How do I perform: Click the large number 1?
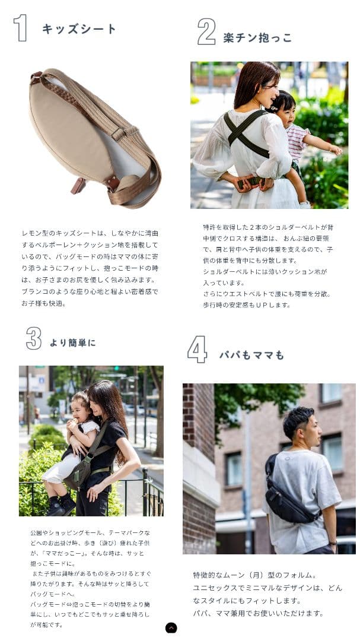21,28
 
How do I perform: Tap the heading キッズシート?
79,29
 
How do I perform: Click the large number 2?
206,31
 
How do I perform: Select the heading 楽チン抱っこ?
257,38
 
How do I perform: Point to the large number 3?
33,338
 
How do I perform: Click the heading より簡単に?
72,342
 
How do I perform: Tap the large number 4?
197,349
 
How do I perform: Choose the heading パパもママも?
251,355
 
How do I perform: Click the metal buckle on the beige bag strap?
119,134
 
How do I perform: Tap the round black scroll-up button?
171,628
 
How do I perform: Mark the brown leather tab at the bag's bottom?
78,186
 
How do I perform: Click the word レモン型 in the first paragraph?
34,233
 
